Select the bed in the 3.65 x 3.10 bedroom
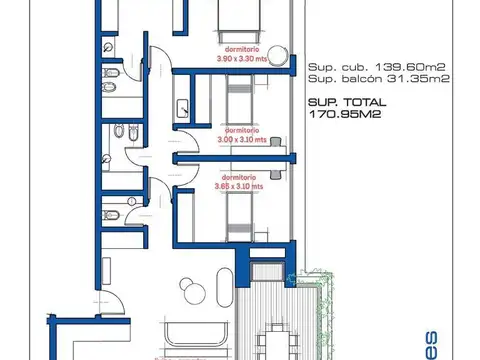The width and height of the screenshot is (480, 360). [x=241, y=215]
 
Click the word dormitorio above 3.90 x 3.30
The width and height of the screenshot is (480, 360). [x=240, y=50]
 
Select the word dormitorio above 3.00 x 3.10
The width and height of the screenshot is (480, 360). [x=243, y=131]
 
